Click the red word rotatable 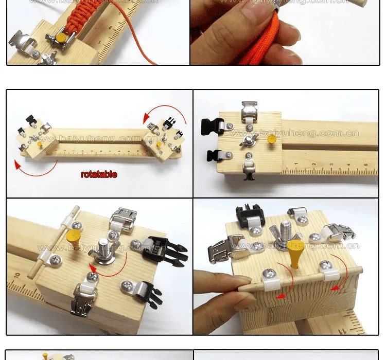tap(99, 174)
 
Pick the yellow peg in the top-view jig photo tap(272, 139)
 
